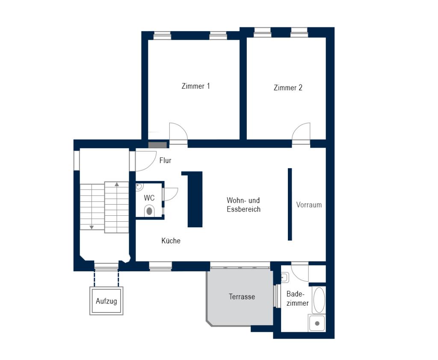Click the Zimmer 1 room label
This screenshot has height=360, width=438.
click(x=195, y=86)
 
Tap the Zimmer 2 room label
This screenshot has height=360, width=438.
click(x=288, y=88)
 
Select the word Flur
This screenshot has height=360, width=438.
click(x=165, y=161)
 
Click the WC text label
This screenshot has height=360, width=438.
click(x=149, y=198)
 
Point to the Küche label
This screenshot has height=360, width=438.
click(x=171, y=241)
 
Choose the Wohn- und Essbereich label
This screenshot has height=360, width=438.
click(x=243, y=205)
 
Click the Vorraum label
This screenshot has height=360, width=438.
click(x=309, y=205)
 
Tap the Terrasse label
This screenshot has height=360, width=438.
click(x=242, y=297)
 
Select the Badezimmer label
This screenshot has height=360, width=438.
click(x=297, y=299)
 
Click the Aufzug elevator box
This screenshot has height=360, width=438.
click(x=106, y=301)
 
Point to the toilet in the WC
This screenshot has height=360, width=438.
click(x=149, y=211)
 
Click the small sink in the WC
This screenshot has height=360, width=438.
click(x=139, y=187)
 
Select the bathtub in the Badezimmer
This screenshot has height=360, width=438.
click(x=319, y=300)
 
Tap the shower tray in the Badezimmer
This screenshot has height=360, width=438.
click(x=317, y=323)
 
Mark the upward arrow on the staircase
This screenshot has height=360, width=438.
click(x=117, y=184)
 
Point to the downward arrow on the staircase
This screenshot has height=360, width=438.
click(x=92, y=227)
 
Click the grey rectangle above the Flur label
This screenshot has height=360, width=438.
click(x=157, y=145)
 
